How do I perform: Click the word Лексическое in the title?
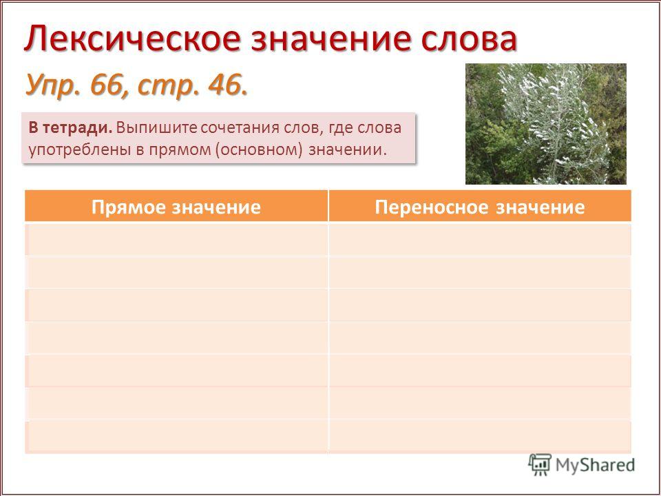click(132, 39)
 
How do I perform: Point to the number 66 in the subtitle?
click(107, 85)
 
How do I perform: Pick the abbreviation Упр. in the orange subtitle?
click(54, 86)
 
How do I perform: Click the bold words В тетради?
click(70, 128)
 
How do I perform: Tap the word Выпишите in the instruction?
click(156, 128)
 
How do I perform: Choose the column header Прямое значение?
click(176, 207)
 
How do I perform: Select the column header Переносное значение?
click(480, 207)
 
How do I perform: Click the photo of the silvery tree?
click(546, 124)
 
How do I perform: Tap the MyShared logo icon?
click(540, 465)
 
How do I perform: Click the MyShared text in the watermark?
click(595, 465)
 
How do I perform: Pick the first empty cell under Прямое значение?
click(176, 239)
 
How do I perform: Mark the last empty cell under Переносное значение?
click(480, 437)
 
